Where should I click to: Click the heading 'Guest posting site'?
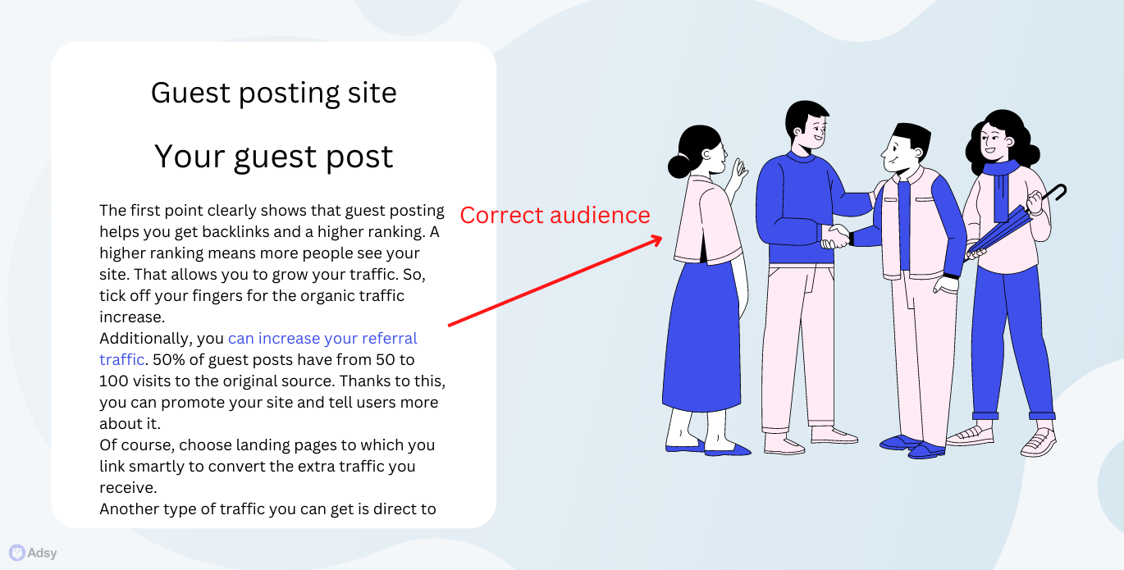point(273,93)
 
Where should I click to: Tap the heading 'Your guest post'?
point(273,157)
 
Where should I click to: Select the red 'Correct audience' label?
point(555,215)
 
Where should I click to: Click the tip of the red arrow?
point(662,237)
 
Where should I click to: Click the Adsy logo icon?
point(16,553)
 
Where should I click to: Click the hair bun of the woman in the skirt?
point(679,166)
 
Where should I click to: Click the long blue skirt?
point(701,336)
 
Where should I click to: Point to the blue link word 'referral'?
point(390,339)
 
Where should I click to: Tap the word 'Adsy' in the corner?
point(42,553)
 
